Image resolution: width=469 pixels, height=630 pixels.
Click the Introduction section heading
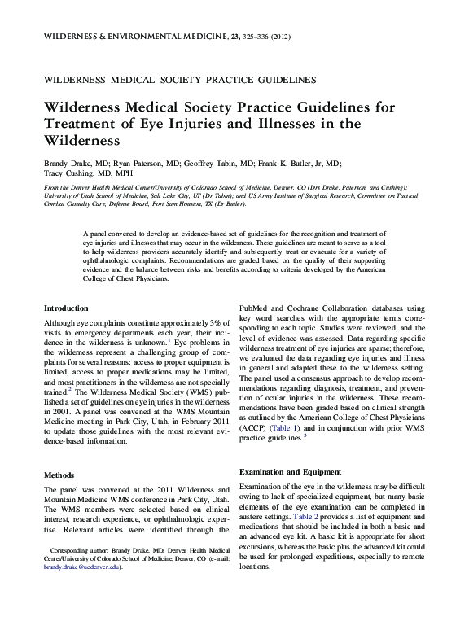click(x=66, y=308)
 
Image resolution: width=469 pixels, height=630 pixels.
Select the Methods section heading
click(x=59, y=475)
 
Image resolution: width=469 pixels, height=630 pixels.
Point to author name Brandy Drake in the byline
click(x=65, y=163)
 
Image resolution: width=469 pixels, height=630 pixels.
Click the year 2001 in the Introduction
click(x=59, y=413)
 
